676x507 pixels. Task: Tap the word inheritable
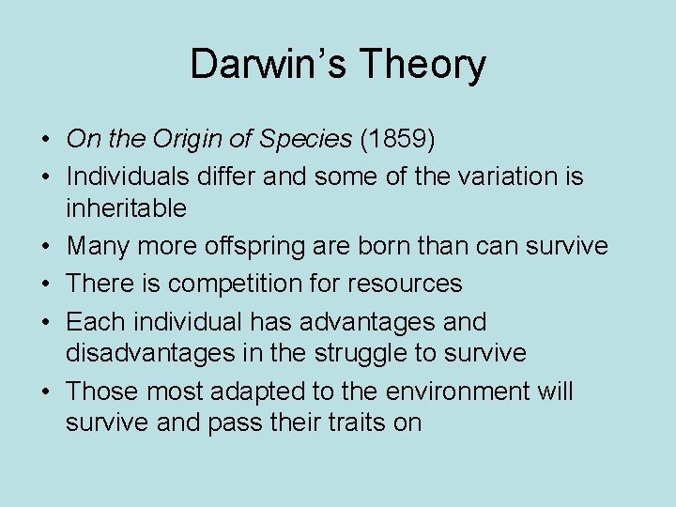click(126, 207)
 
